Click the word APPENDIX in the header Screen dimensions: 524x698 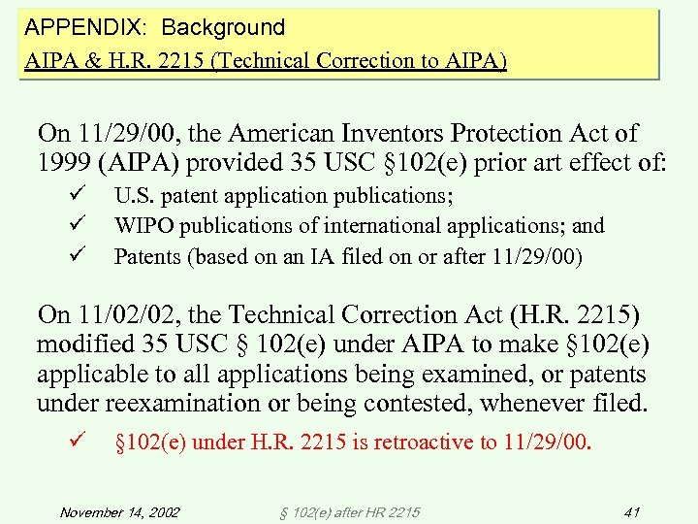click(x=76, y=27)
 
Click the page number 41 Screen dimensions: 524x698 click(x=632, y=511)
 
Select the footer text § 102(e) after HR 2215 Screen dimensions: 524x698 click(x=348, y=511)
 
